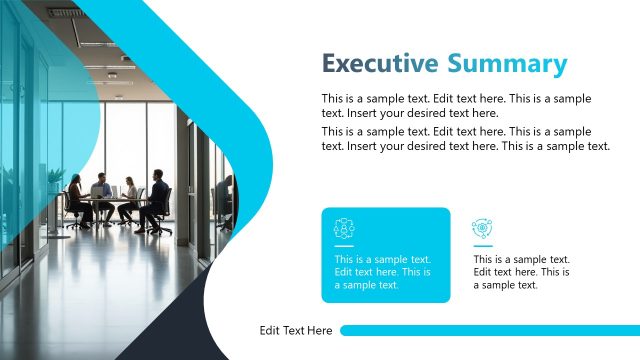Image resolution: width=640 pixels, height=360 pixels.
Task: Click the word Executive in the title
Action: (x=379, y=64)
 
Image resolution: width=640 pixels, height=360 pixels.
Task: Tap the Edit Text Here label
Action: (x=296, y=331)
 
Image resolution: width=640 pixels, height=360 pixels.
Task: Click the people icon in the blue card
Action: (x=344, y=228)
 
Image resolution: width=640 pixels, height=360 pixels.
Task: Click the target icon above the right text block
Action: (x=482, y=228)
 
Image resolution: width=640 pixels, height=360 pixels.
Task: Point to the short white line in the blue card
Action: (x=344, y=245)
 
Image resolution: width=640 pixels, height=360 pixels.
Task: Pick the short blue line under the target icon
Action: (x=482, y=245)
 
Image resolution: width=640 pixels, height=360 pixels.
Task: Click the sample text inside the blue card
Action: (x=383, y=272)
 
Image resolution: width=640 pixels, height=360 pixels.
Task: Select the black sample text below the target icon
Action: (x=521, y=272)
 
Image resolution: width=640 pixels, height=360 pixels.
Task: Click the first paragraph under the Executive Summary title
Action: (x=455, y=105)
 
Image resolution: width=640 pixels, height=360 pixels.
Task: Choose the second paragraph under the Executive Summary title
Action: (x=465, y=138)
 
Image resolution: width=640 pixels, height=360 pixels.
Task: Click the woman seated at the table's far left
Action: (x=76, y=196)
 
